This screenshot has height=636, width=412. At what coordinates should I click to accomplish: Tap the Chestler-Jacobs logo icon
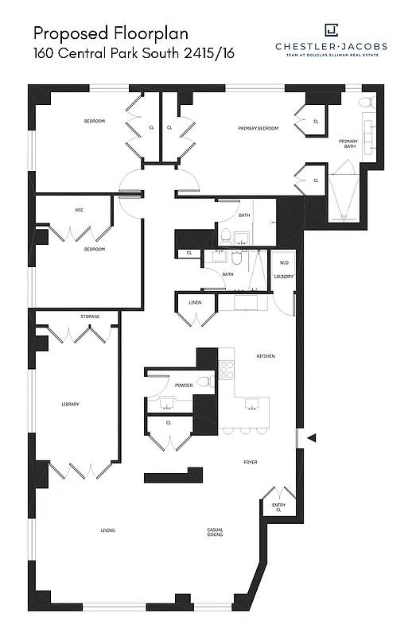pyautogui.click(x=331, y=30)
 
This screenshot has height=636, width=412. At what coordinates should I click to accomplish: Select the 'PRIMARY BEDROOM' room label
pyautogui.click(x=258, y=128)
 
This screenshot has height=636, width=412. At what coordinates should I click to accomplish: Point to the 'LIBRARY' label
pyautogui.click(x=70, y=405)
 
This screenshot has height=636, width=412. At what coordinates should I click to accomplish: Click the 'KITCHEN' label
pyautogui.click(x=265, y=356)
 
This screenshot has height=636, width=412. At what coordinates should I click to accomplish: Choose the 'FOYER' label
pyautogui.click(x=250, y=462)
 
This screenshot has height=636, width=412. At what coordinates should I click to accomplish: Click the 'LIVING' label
pyautogui.click(x=107, y=530)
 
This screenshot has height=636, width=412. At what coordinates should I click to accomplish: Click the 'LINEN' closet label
pyautogui.click(x=194, y=303)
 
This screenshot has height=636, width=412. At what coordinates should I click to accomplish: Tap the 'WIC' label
pyautogui.click(x=79, y=211)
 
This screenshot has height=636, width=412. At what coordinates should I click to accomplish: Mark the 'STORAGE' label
pyautogui.click(x=90, y=316)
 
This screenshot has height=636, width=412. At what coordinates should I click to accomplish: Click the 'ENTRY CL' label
pyautogui.click(x=278, y=508)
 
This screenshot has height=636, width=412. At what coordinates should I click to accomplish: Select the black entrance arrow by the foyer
pyautogui.click(x=313, y=437)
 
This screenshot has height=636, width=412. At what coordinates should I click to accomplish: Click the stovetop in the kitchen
pyautogui.click(x=227, y=369)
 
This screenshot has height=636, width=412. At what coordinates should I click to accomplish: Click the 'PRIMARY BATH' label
pyautogui.click(x=350, y=144)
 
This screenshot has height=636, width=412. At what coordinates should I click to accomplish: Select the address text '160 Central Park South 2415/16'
pyautogui.click(x=134, y=54)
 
